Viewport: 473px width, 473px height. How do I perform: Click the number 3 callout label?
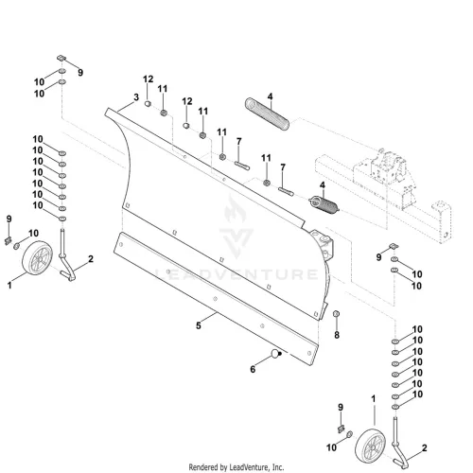136,97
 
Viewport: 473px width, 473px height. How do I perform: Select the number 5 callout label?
199,325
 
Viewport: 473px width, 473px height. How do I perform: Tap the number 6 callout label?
253,369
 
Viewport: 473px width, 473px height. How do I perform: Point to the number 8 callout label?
337,335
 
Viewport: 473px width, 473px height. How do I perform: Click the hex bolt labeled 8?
336,314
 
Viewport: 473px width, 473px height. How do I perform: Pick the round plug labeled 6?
276,354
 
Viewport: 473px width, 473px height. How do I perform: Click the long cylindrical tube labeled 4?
267,114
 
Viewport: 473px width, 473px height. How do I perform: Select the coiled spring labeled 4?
324,204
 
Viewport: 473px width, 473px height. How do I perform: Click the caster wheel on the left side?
38,257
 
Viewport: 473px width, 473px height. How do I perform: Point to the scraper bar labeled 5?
216,299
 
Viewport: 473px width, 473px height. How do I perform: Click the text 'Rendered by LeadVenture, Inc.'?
236,466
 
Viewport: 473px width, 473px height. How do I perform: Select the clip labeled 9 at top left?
61,58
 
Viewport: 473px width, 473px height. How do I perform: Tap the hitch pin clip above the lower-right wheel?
341,429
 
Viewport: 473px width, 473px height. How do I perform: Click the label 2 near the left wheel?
91,259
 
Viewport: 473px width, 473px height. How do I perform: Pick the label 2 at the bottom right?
425,447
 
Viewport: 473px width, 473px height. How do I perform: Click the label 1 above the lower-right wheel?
374,399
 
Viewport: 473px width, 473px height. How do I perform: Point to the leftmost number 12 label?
148,79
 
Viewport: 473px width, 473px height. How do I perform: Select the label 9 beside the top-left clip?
80,73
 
